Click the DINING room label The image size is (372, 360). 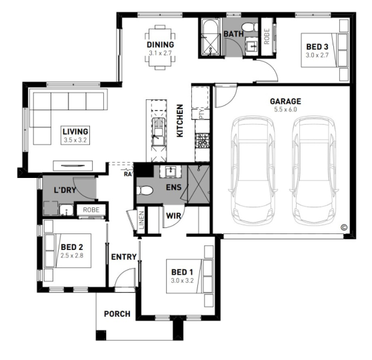160,45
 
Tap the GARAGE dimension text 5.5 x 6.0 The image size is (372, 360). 285,109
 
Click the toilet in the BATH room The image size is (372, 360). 249,27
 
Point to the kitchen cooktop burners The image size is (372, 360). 202,141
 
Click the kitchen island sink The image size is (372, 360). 157,131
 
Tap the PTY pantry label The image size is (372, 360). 202,114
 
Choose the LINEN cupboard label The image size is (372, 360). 141,220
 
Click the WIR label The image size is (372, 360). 173,216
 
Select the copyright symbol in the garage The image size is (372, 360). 344,227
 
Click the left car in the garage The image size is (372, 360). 252,170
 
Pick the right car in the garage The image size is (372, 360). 314,170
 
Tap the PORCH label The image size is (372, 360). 117,314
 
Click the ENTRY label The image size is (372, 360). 124,257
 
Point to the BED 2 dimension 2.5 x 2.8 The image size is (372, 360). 72,256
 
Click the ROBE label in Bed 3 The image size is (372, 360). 267,36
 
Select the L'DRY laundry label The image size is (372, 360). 65,190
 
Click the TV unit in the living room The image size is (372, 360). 73,165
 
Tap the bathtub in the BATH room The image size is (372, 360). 211,38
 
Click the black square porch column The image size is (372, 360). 101,335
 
